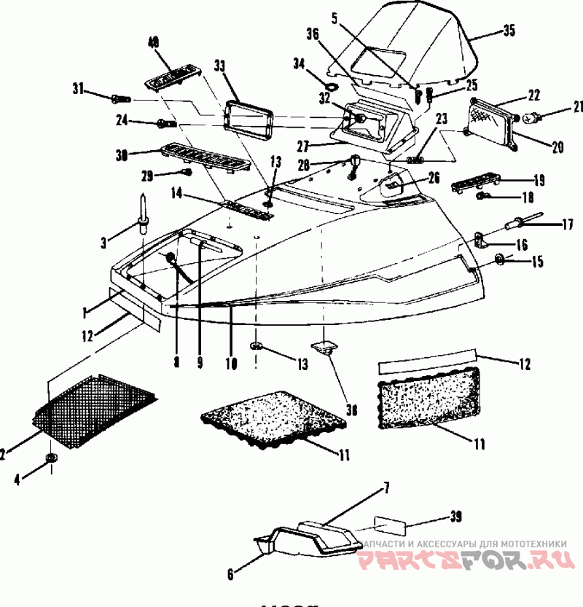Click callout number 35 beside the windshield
[508, 31]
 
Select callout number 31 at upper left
[78, 89]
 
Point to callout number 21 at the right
[558, 107]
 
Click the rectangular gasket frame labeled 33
[249, 117]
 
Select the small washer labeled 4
[51, 458]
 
